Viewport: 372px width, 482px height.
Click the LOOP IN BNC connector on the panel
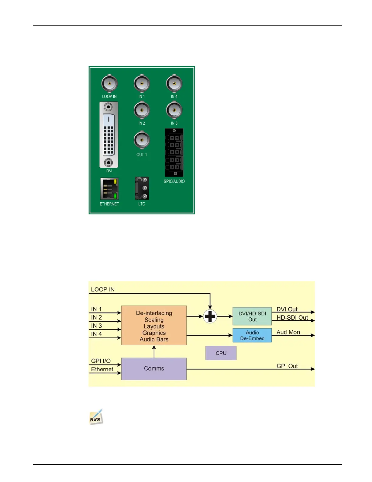[x=109, y=83]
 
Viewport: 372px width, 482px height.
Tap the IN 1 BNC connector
[x=142, y=83]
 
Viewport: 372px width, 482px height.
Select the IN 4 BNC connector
[x=174, y=83]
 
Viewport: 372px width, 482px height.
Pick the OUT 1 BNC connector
[x=142, y=140]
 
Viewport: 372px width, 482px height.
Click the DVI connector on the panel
[x=109, y=135]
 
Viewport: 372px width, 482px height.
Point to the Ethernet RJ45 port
[x=109, y=189]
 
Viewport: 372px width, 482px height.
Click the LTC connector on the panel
[x=142, y=188]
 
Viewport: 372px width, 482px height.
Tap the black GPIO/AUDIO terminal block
[x=174, y=152]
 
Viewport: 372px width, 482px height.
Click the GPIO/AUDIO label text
[x=174, y=181]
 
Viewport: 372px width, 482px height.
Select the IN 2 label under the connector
[x=142, y=123]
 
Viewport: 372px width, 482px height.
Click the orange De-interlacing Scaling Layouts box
[x=154, y=325]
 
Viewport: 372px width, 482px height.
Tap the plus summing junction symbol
[x=210, y=316]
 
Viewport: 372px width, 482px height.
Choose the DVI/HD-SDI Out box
[x=252, y=316]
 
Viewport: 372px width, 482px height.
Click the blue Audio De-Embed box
[x=252, y=335]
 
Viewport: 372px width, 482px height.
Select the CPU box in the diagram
[x=221, y=353]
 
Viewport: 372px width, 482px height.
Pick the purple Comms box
[x=154, y=369]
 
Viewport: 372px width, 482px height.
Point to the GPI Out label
[x=287, y=366]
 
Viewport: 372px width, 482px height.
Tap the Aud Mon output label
[x=288, y=332]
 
